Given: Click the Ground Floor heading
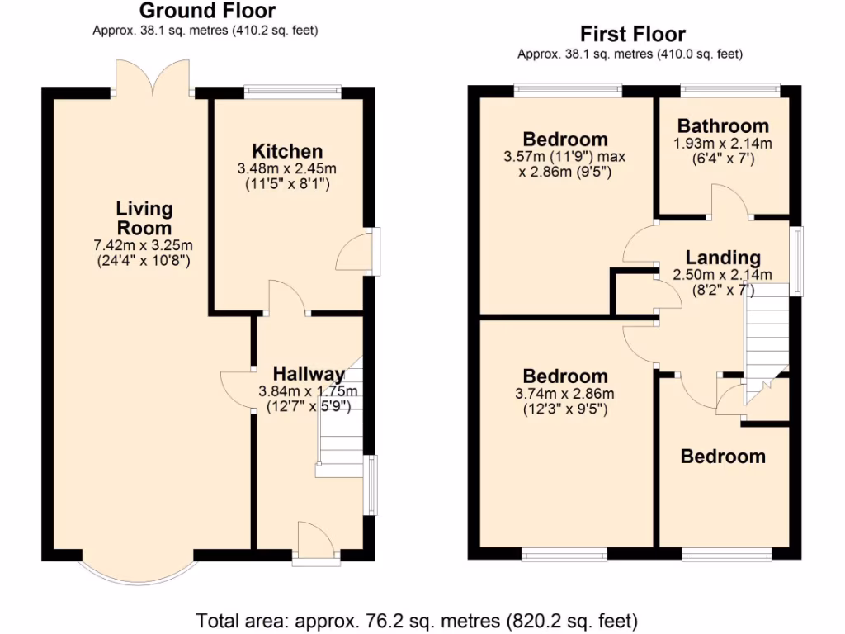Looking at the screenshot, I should [206, 11].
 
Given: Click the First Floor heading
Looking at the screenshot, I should [632, 35].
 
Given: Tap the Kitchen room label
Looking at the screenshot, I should [287, 151].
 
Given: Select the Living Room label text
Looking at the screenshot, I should [144, 218].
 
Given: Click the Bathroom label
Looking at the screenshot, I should [723, 126].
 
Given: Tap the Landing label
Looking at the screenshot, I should [723, 258].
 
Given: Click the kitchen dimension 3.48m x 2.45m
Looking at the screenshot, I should [287, 168].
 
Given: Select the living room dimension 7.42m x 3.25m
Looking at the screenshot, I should [144, 246].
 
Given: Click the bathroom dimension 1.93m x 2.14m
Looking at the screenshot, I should [723, 144].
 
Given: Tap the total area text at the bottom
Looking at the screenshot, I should [417, 619].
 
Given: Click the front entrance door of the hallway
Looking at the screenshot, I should [315, 545].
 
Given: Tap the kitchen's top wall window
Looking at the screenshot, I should [293, 90].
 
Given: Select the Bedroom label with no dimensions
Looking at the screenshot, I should [723, 457].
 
